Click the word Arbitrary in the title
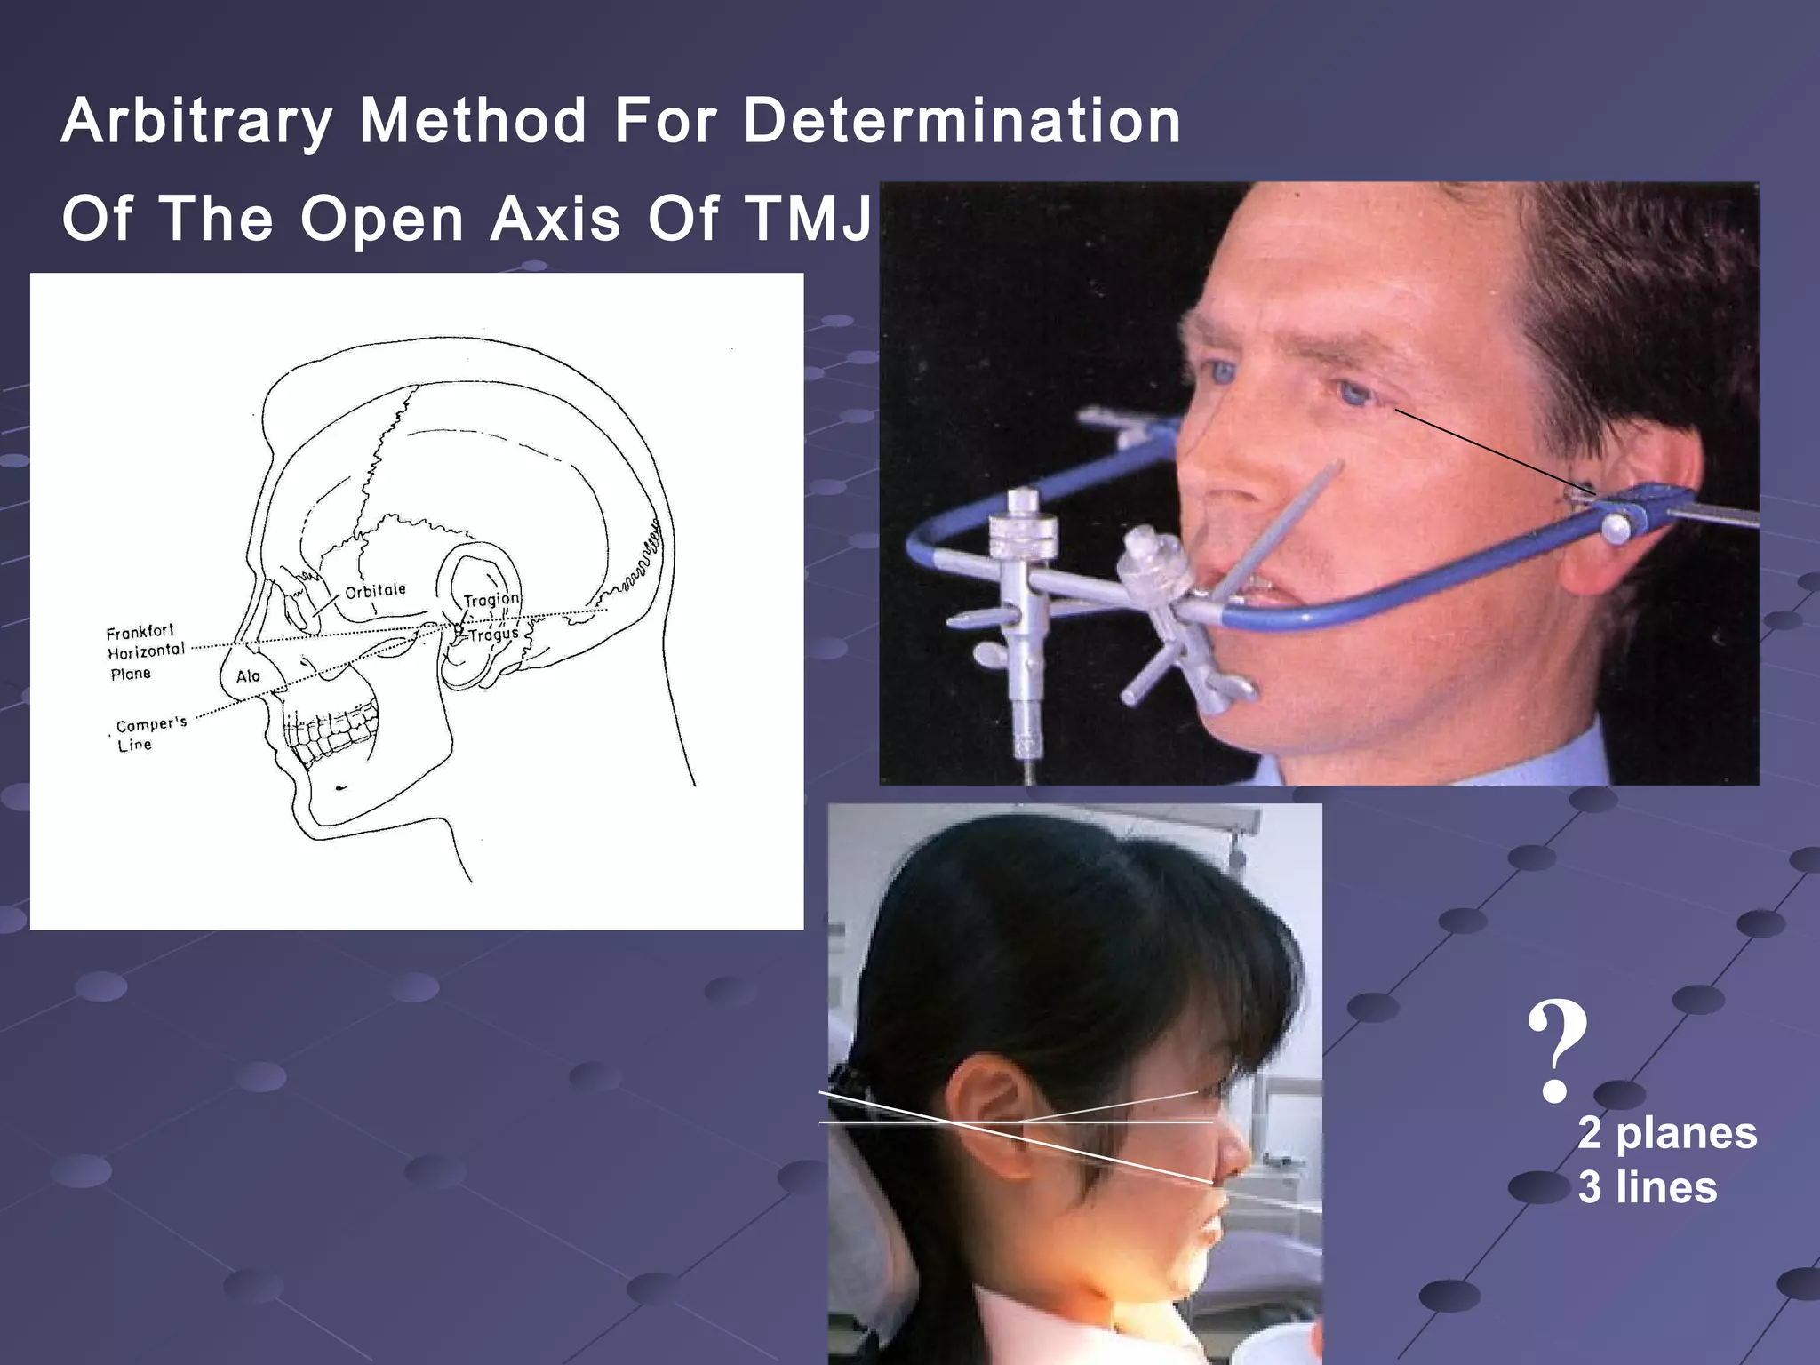pos(197,122)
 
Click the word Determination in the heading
pos(962,122)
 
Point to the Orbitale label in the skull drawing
pos(375,591)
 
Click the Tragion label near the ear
pos(491,600)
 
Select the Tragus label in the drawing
pos(493,635)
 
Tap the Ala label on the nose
pos(248,676)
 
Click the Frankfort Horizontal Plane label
pos(145,651)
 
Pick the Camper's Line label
pos(149,734)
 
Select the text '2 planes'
pos(1667,1133)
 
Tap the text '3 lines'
pos(1648,1187)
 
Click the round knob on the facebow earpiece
pos(1616,530)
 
